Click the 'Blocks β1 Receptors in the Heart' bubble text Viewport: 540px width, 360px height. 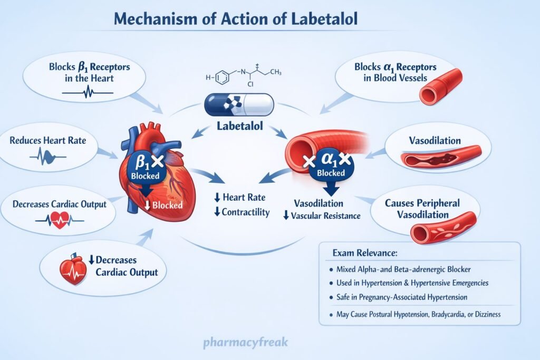pos(89,73)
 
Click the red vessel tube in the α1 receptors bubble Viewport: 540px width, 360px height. pos(440,85)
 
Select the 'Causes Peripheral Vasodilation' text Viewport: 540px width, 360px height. pos(422,209)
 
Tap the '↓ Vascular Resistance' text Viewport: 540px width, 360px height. pos(322,216)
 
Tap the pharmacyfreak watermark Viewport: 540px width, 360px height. pos(246,343)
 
